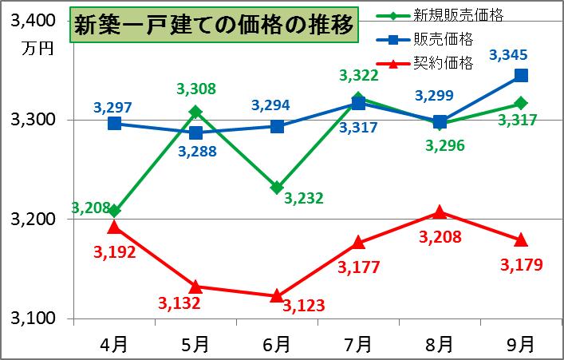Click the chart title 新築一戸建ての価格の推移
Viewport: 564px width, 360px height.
[212, 26]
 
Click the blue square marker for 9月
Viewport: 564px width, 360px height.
[521, 75]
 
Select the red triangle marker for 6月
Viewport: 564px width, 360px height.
[277, 295]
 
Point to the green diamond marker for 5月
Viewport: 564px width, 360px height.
[195, 112]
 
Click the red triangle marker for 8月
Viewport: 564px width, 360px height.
[440, 212]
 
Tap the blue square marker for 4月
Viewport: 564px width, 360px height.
[114, 123]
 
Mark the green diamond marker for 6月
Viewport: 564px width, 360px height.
[277, 188]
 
